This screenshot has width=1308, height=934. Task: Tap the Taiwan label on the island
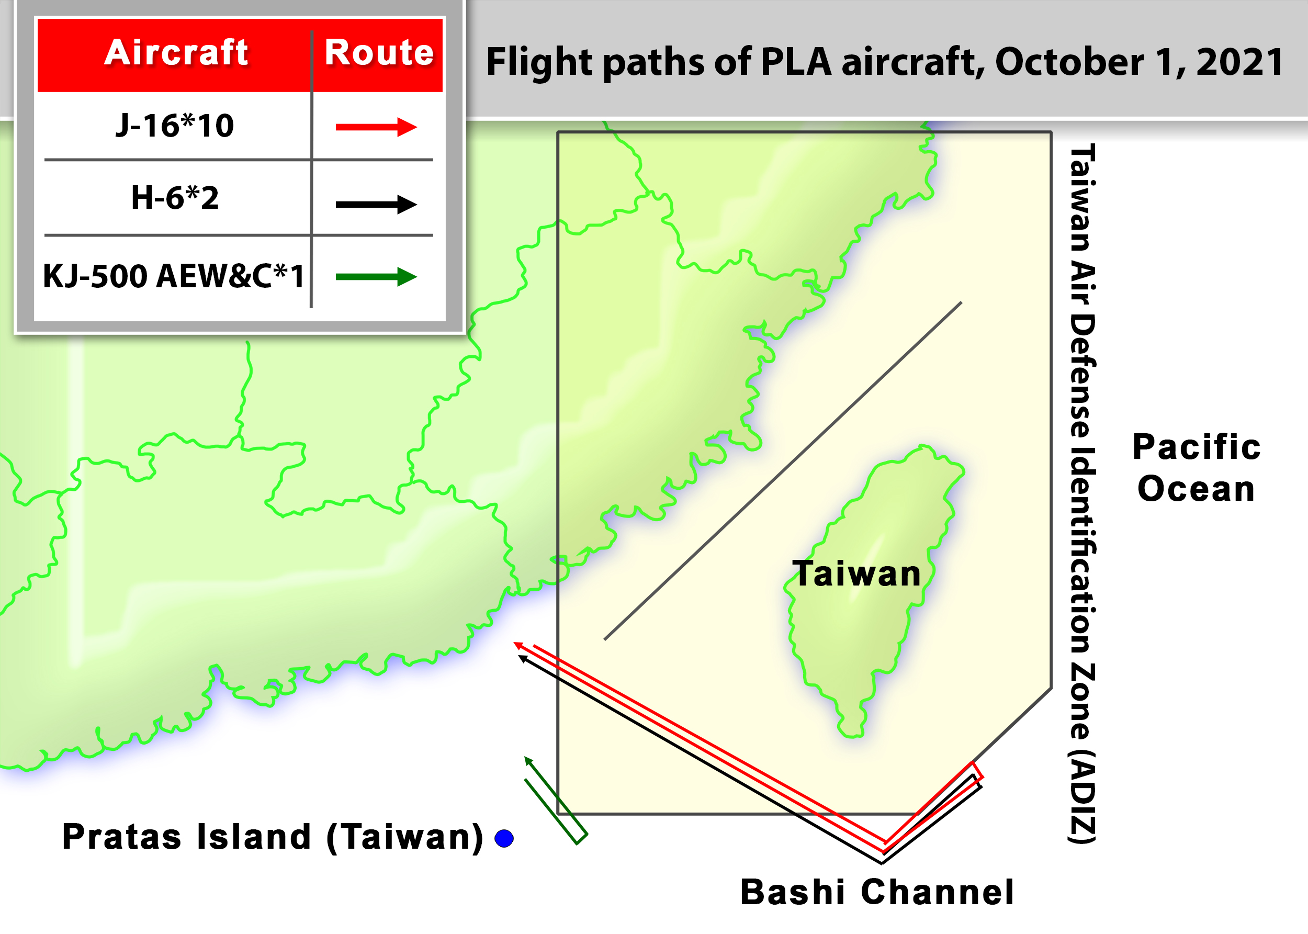(x=856, y=574)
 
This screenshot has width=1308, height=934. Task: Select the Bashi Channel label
(x=877, y=892)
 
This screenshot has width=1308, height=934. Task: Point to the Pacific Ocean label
(x=1197, y=468)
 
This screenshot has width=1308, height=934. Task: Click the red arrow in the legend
(x=376, y=127)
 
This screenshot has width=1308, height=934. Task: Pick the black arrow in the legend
(x=376, y=204)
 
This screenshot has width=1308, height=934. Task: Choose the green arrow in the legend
(x=376, y=277)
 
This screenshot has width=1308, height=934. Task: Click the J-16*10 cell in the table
(x=175, y=126)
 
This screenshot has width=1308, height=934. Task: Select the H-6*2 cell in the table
(x=175, y=198)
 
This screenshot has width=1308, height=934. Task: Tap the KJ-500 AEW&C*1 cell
(x=174, y=276)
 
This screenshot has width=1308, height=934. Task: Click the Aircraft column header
(x=176, y=53)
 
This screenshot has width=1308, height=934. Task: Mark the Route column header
(x=379, y=53)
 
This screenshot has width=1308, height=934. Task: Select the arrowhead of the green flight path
(x=528, y=761)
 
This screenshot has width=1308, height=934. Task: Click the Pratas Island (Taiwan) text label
(x=273, y=837)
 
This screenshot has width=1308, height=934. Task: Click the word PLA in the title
(x=796, y=62)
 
